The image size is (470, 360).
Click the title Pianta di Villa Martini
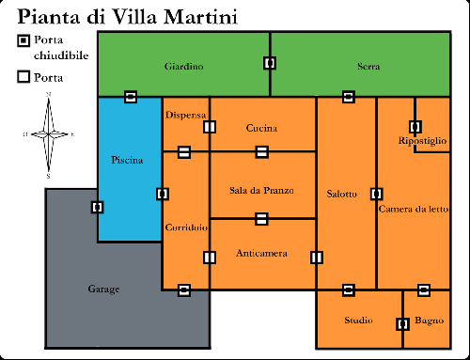(x=127, y=17)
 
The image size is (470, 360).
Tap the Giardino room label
(x=183, y=67)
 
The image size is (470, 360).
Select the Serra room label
(x=368, y=67)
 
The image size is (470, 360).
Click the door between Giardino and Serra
(x=270, y=63)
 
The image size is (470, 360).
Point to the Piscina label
(x=126, y=161)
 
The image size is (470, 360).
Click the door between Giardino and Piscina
(x=131, y=96)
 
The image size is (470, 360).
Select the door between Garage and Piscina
(x=97, y=207)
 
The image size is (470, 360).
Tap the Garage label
(x=103, y=289)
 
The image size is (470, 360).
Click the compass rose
(x=49, y=134)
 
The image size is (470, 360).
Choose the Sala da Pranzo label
(x=261, y=190)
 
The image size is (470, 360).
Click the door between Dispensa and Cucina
(x=210, y=127)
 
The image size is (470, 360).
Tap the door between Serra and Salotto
(x=348, y=96)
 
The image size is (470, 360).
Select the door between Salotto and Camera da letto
(x=376, y=194)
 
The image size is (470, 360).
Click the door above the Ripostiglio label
(x=415, y=126)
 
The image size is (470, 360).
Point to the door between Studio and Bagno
(x=402, y=323)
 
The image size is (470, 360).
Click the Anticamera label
(x=261, y=255)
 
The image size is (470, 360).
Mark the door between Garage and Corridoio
(x=184, y=290)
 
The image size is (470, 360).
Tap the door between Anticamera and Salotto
(x=316, y=257)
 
